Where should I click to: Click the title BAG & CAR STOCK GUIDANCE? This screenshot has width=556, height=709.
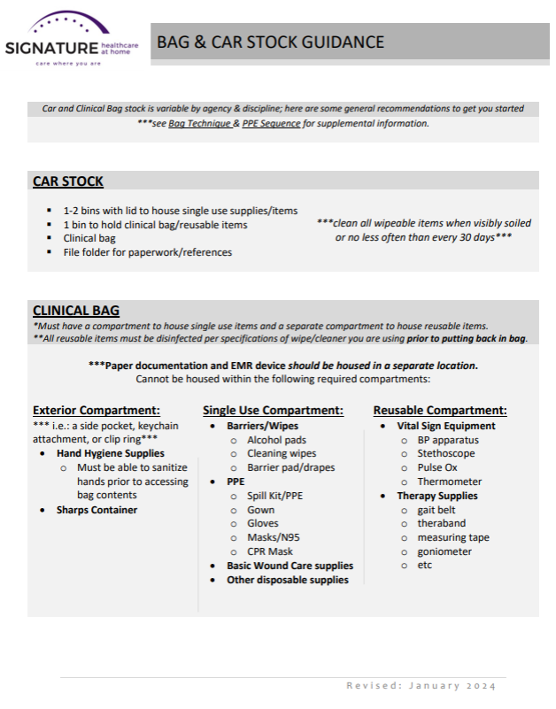270,42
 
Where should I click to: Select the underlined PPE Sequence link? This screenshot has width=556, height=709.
271,124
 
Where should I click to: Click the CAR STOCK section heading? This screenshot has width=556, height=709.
68,181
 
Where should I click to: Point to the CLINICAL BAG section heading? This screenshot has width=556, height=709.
76,311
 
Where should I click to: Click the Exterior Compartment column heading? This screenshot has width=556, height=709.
97,411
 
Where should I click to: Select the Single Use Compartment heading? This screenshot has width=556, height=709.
273,411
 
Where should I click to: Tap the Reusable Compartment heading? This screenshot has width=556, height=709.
440,411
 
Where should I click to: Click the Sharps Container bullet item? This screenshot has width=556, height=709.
97,510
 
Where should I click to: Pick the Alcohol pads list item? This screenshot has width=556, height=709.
276,440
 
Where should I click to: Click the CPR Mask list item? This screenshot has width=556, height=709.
270,551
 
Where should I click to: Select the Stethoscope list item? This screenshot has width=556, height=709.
446,453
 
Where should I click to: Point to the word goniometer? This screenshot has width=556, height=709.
444,551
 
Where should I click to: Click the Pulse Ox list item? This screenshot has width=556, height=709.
437,467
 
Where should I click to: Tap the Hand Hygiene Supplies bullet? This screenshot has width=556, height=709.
111,453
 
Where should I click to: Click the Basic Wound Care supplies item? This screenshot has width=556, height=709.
290,566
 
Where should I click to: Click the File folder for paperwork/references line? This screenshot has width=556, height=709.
147,252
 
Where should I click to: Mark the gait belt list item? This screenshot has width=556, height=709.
436,510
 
